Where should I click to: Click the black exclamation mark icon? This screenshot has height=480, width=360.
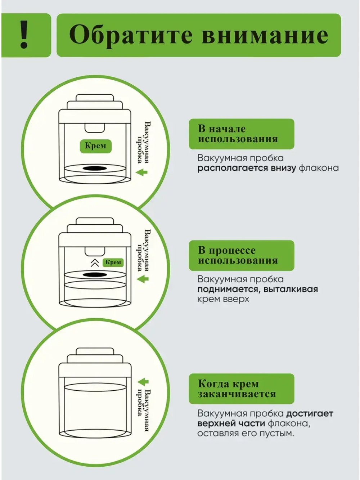coord(24,35)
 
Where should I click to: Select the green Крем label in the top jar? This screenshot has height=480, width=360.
coord(95,146)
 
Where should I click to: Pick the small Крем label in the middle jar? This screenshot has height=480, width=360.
coord(113,262)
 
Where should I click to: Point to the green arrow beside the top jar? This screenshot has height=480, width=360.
coord(142,172)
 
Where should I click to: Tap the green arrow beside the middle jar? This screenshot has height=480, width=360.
coord(143,279)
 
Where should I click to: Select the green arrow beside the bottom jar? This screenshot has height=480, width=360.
coord(143,382)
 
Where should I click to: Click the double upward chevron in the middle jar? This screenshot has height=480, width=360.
coord(95,263)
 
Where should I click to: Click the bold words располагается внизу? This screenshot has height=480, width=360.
coord(247,168)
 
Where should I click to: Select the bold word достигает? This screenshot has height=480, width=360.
coord(310,413)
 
